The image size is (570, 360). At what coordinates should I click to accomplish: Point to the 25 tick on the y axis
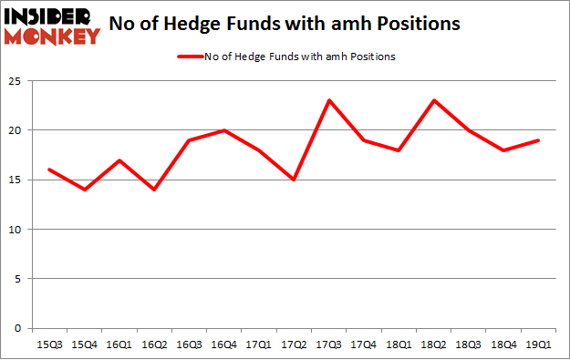pyautogui.click(x=17, y=80)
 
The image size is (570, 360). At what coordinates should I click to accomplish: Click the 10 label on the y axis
pyautogui.click(x=17, y=230)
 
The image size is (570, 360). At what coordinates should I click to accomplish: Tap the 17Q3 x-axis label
pyautogui.click(x=328, y=345)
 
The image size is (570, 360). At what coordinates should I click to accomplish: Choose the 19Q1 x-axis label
pyautogui.click(x=537, y=345)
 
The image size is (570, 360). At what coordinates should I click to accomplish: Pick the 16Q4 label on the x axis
pyautogui.click(x=223, y=345)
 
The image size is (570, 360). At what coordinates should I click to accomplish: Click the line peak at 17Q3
pyautogui.click(x=328, y=99)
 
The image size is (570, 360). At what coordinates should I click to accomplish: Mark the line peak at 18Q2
pyautogui.click(x=433, y=99)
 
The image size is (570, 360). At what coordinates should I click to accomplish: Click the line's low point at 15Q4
pyautogui.click(x=83, y=190)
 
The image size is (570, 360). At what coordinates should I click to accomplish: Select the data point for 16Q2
pyautogui.click(x=153, y=190)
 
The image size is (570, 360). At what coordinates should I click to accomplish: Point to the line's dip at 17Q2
pyautogui.click(x=294, y=180)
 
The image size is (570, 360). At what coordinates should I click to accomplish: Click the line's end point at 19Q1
pyautogui.click(x=537, y=139)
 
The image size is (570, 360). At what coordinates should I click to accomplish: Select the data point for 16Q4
pyautogui.click(x=223, y=129)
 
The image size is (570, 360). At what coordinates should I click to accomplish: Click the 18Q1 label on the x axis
pyautogui.click(x=398, y=345)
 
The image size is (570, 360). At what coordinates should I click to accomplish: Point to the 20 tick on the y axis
pyautogui.click(x=17, y=130)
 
